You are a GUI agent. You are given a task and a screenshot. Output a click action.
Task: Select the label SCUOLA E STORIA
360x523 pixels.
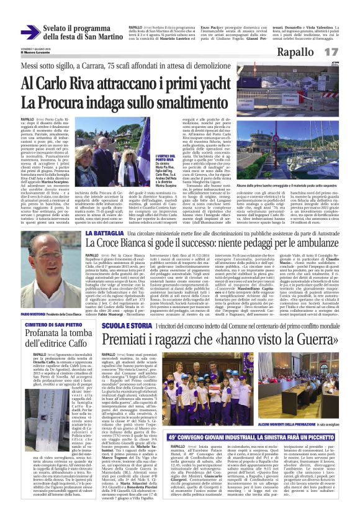pyautogui.click(x=124, y=325)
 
